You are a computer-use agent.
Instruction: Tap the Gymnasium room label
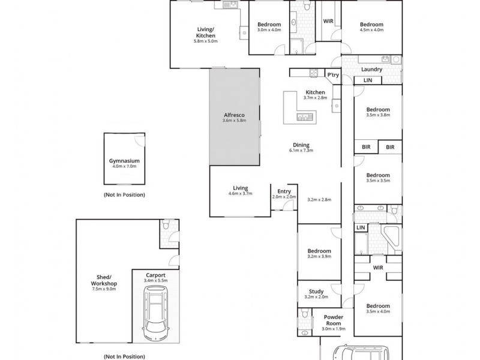click(124, 161)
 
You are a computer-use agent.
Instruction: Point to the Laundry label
click(372, 70)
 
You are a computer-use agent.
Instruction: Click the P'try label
click(332, 74)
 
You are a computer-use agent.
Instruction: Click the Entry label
click(284, 191)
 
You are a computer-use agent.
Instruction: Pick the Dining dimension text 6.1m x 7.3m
click(301, 151)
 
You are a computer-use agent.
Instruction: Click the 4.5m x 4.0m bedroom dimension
click(371, 30)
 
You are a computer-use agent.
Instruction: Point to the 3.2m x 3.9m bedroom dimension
click(319, 257)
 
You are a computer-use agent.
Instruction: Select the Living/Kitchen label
click(205, 32)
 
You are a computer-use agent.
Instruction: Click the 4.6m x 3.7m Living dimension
click(240, 193)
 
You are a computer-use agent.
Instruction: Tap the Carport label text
click(156, 274)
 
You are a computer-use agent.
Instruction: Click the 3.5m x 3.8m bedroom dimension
click(378, 116)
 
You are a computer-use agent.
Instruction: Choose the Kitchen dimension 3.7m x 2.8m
click(315, 98)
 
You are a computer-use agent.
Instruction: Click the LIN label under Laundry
click(368, 80)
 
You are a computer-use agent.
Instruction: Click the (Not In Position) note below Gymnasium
click(124, 195)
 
